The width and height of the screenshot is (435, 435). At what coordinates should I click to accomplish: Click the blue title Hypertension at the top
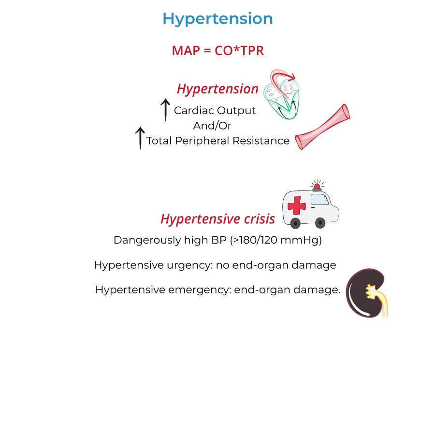pyautogui.click(x=217, y=19)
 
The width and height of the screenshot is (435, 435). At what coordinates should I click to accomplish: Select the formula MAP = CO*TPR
pyautogui.click(x=217, y=50)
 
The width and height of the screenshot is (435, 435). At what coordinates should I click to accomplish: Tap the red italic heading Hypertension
pyautogui.click(x=217, y=89)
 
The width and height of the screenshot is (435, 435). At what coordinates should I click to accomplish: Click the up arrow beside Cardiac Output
pyautogui.click(x=165, y=110)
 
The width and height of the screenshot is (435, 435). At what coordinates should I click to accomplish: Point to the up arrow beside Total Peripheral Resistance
pyautogui.click(x=140, y=138)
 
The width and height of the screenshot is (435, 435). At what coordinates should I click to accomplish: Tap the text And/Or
pyautogui.click(x=212, y=126)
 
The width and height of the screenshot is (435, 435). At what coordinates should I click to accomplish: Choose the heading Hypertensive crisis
pyautogui.click(x=217, y=219)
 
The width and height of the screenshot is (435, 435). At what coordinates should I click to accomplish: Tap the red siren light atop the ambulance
pyautogui.click(x=317, y=187)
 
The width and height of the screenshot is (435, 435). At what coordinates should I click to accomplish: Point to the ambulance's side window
pyautogui.click(x=319, y=199)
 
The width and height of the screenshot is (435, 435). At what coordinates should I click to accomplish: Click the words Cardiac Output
pyautogui.click(x=215, y=110)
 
